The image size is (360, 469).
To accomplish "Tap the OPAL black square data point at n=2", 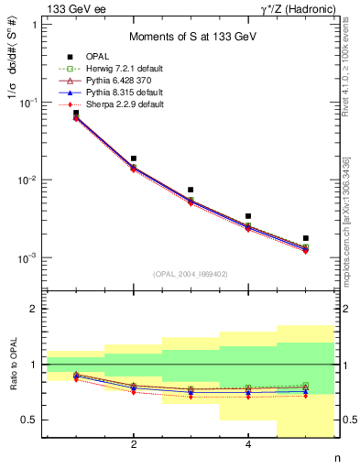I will coord(134,158).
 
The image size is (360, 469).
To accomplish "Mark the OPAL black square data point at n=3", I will coord(191,190).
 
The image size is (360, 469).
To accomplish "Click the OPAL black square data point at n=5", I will coord(306,238).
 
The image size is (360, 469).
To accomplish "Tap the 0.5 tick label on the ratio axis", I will coord(31,420).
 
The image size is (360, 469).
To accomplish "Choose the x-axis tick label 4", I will coord(248,444).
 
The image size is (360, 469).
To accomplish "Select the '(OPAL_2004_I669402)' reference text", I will coord(191,274).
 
